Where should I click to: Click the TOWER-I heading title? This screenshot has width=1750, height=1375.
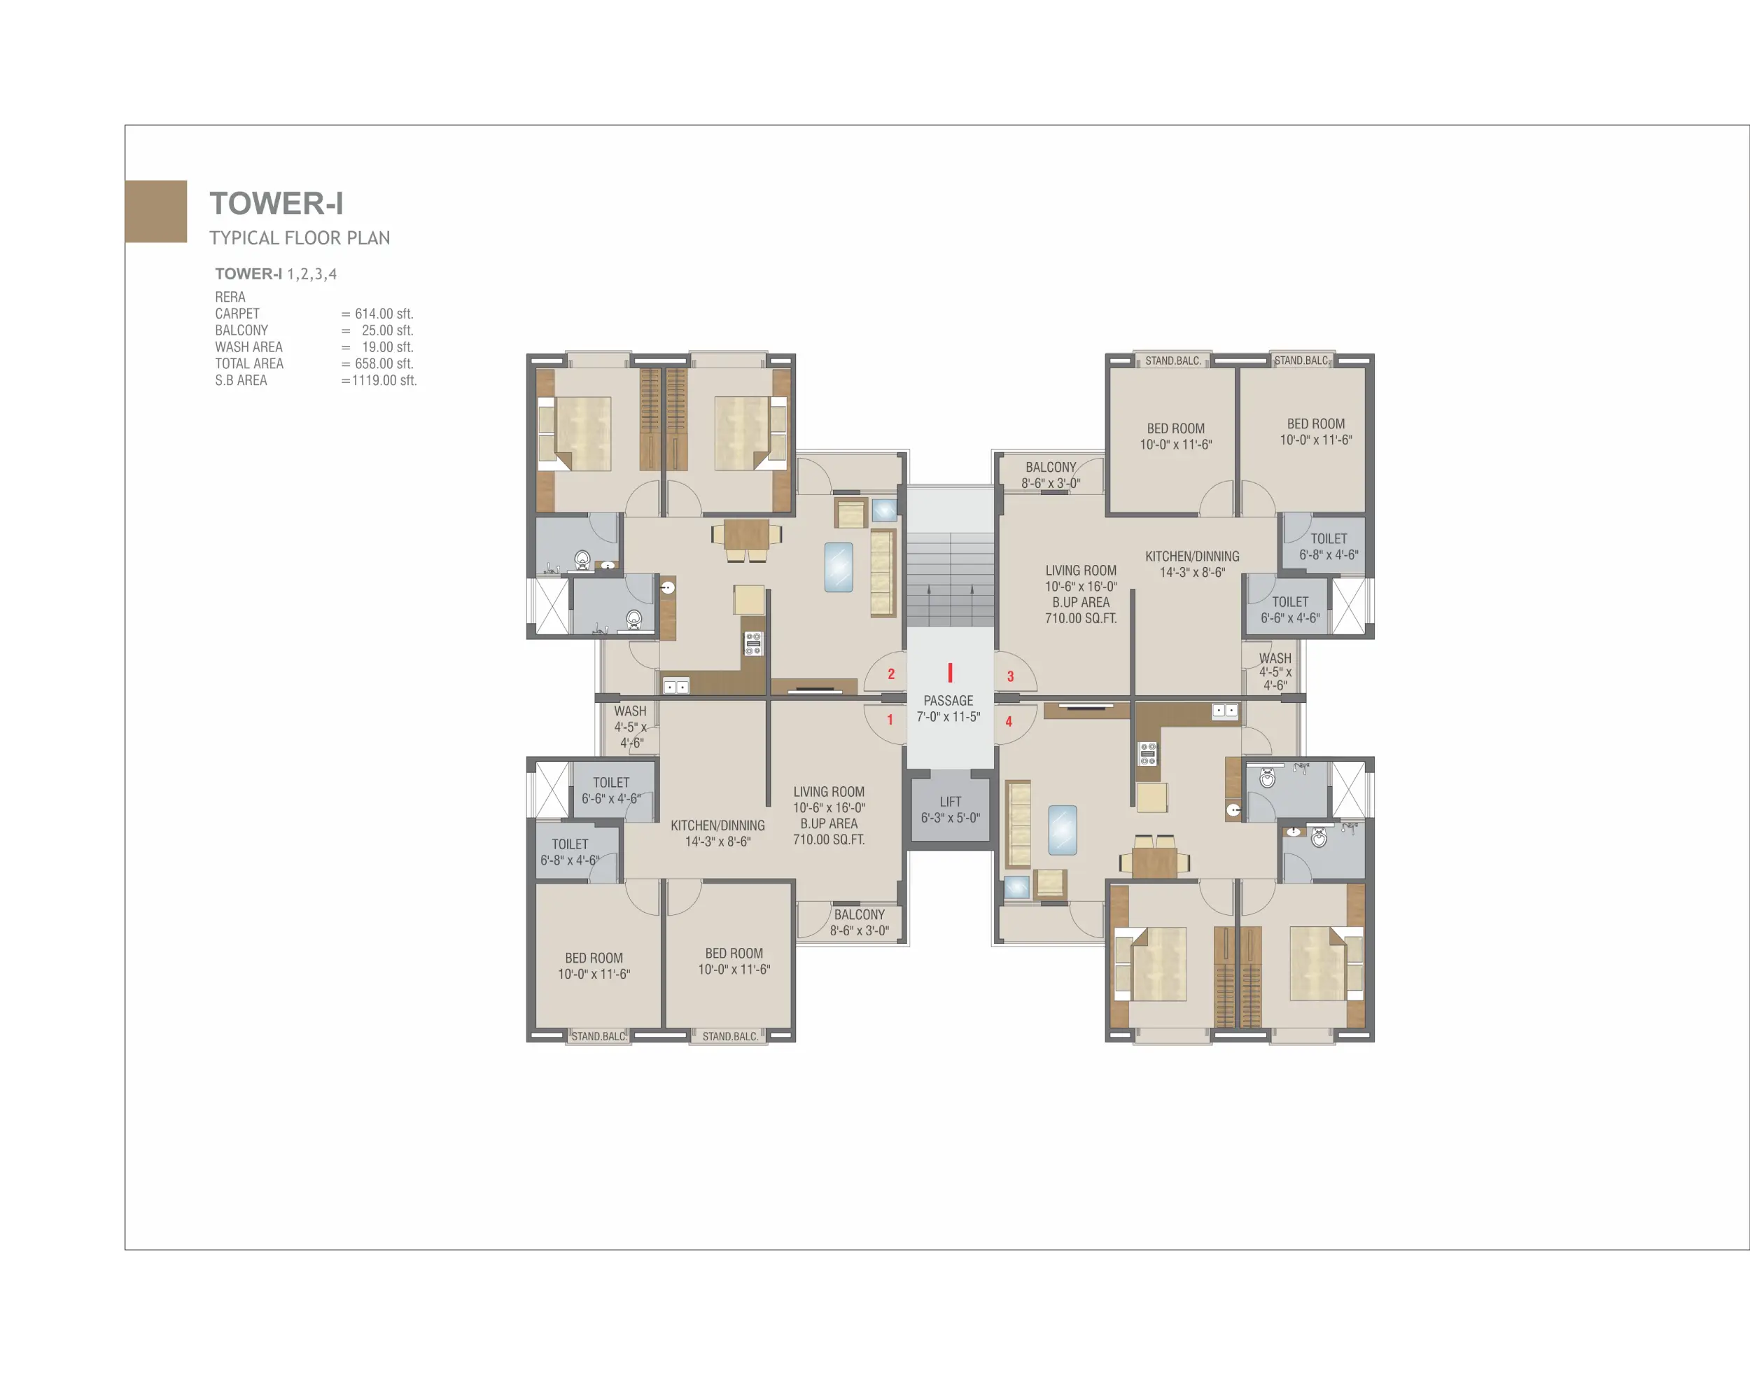click(x=276, y=204)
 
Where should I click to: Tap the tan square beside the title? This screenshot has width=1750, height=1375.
click(x=156, y=211)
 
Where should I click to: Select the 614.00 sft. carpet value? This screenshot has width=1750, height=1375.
click(x=384, y=314)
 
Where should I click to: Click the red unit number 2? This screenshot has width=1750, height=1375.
click(x=891, y=673)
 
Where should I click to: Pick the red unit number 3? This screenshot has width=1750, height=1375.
click(x=1010, y=676)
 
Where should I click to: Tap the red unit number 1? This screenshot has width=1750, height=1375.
click(x=890, y=719)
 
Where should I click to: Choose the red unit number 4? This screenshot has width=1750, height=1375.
click(x=1009, y=721)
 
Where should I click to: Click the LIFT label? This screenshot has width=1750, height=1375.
click(x=951, y=802)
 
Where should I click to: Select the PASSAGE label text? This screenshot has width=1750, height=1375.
click(x=948, y=700)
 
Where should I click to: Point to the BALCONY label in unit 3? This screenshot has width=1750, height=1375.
click(x=1051, y=467)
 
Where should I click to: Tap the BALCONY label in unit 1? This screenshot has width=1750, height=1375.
click(x=859, y=914)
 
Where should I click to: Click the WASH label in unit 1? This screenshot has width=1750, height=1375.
click(x=630, y=711)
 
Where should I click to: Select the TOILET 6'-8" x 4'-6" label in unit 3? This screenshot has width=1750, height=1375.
click(x=1329, y=547)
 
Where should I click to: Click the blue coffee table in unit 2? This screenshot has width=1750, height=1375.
click(x=839, y=568)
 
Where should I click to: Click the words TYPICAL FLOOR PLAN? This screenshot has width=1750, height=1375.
click(x=300, y=238)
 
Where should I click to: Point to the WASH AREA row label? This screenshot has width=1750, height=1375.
click(x=248, y=347)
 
